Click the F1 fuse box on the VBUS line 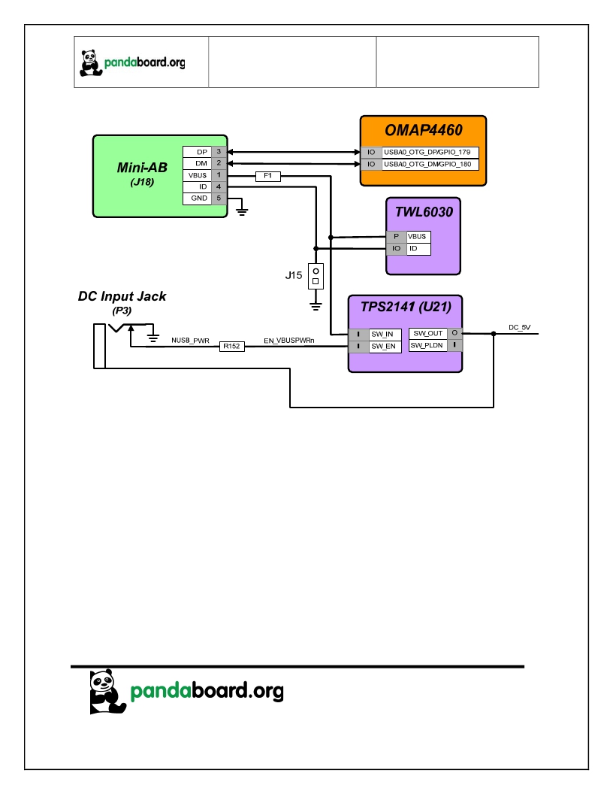[x=268, y=176]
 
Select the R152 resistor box [x=231, y=347]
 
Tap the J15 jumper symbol [x=316, y=277]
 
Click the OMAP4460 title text [x=424, y=130]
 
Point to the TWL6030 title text [x=424, y=212]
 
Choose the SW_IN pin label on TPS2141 [x=382, y=334]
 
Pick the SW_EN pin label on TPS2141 [x=383, y=347]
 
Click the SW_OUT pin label [x=428, y=333]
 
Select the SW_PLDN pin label [x=427, y=345]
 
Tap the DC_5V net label [x=519, y=328]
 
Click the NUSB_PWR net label [x=190, y=341]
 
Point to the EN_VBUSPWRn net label [x=288, y=341]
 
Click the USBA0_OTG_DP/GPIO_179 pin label [x=427, y=152]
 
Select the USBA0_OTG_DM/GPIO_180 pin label [x=427, y=164]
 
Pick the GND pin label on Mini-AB [x=199, y=198]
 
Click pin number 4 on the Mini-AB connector [x=219, y=186]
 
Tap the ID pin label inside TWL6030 [x=413, y=249]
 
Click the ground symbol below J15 [x=316, y=306]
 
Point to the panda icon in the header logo [x=91, y=63]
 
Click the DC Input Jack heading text [x=122, y=296]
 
